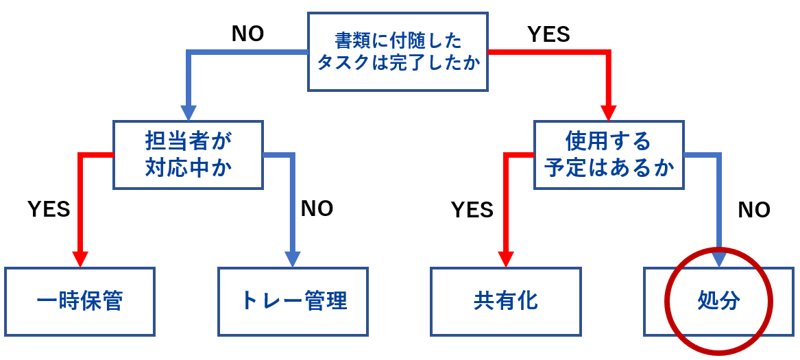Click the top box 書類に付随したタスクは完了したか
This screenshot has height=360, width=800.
pyautogui.click(x=398, y=51)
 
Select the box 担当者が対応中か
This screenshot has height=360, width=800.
pyautogui.click(x=189, y=154)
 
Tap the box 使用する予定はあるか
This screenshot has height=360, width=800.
pyautogui.click(x=609, y=154)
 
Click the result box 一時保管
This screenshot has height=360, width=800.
pyautogui.click(x=80, y=301)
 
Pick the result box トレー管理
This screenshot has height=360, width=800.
pyautogui.click(x=293, y=301)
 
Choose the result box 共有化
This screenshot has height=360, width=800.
pyautogui.click(x=506, y=301)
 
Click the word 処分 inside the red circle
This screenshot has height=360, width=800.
pyautogui.click(x=718, y=301)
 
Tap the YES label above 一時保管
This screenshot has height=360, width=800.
pyautogui.click(x=49, y=209)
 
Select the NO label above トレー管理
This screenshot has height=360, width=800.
pyautogui.click(x=317, y=208)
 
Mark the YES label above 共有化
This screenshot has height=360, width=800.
pyautogui.click(x=472, y=210)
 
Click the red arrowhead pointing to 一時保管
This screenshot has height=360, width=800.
pyautogui.click(x=80, y=259)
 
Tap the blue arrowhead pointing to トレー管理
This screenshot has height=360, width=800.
pyautogui.click(x=293, y=259)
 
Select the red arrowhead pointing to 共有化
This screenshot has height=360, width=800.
pyautogui.click(x=506, y=259)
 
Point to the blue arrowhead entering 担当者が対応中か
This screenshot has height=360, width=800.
pyautogui.click(x=189, y=113)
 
